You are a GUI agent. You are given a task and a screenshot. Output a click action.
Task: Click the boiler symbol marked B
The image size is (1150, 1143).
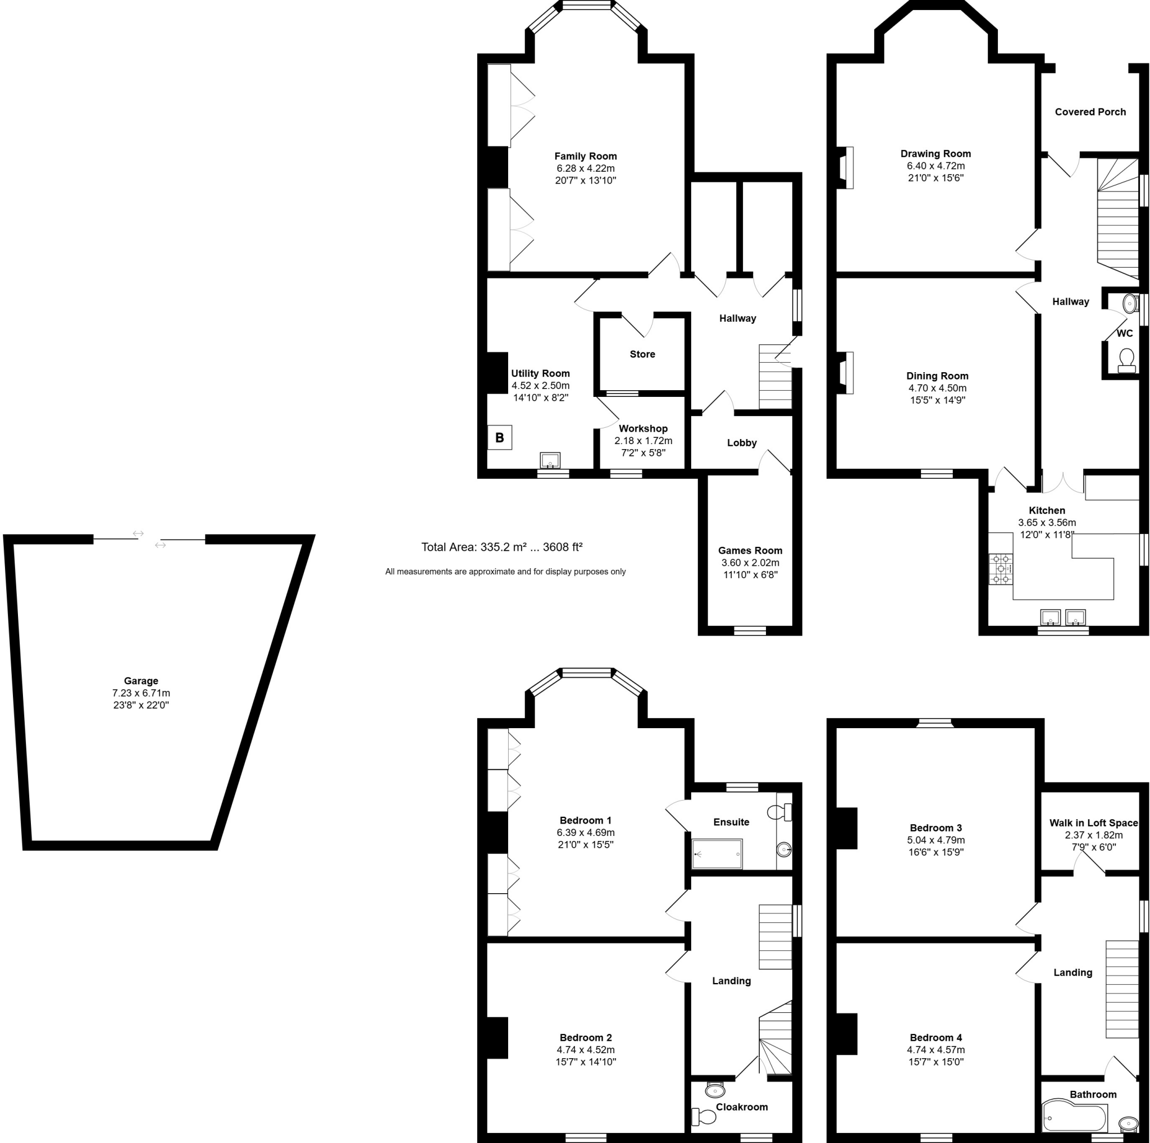point(499,438)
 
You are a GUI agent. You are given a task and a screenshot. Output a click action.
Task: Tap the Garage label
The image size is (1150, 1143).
point(141,680)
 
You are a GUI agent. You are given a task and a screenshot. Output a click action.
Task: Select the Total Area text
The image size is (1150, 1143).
point(501,547)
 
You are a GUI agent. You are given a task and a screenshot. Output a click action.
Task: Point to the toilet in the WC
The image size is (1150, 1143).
point(1126,359)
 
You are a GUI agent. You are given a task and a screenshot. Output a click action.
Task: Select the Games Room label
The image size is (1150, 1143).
point(750,550)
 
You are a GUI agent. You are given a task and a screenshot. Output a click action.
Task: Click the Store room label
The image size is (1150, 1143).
point(642,354)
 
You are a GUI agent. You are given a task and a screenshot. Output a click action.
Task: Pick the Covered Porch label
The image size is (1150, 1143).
point(1090,112)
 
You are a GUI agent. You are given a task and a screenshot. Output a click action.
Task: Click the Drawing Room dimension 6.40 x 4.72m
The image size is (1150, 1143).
point(935,166)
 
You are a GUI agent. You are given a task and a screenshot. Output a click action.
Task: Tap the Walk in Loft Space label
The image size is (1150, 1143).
point(1093,823)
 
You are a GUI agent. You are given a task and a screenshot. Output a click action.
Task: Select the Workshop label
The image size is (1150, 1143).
point(643,428)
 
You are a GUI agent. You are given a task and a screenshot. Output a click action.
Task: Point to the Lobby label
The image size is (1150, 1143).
point(742,443)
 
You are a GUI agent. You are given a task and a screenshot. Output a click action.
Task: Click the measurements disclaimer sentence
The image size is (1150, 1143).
point(505,572)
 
